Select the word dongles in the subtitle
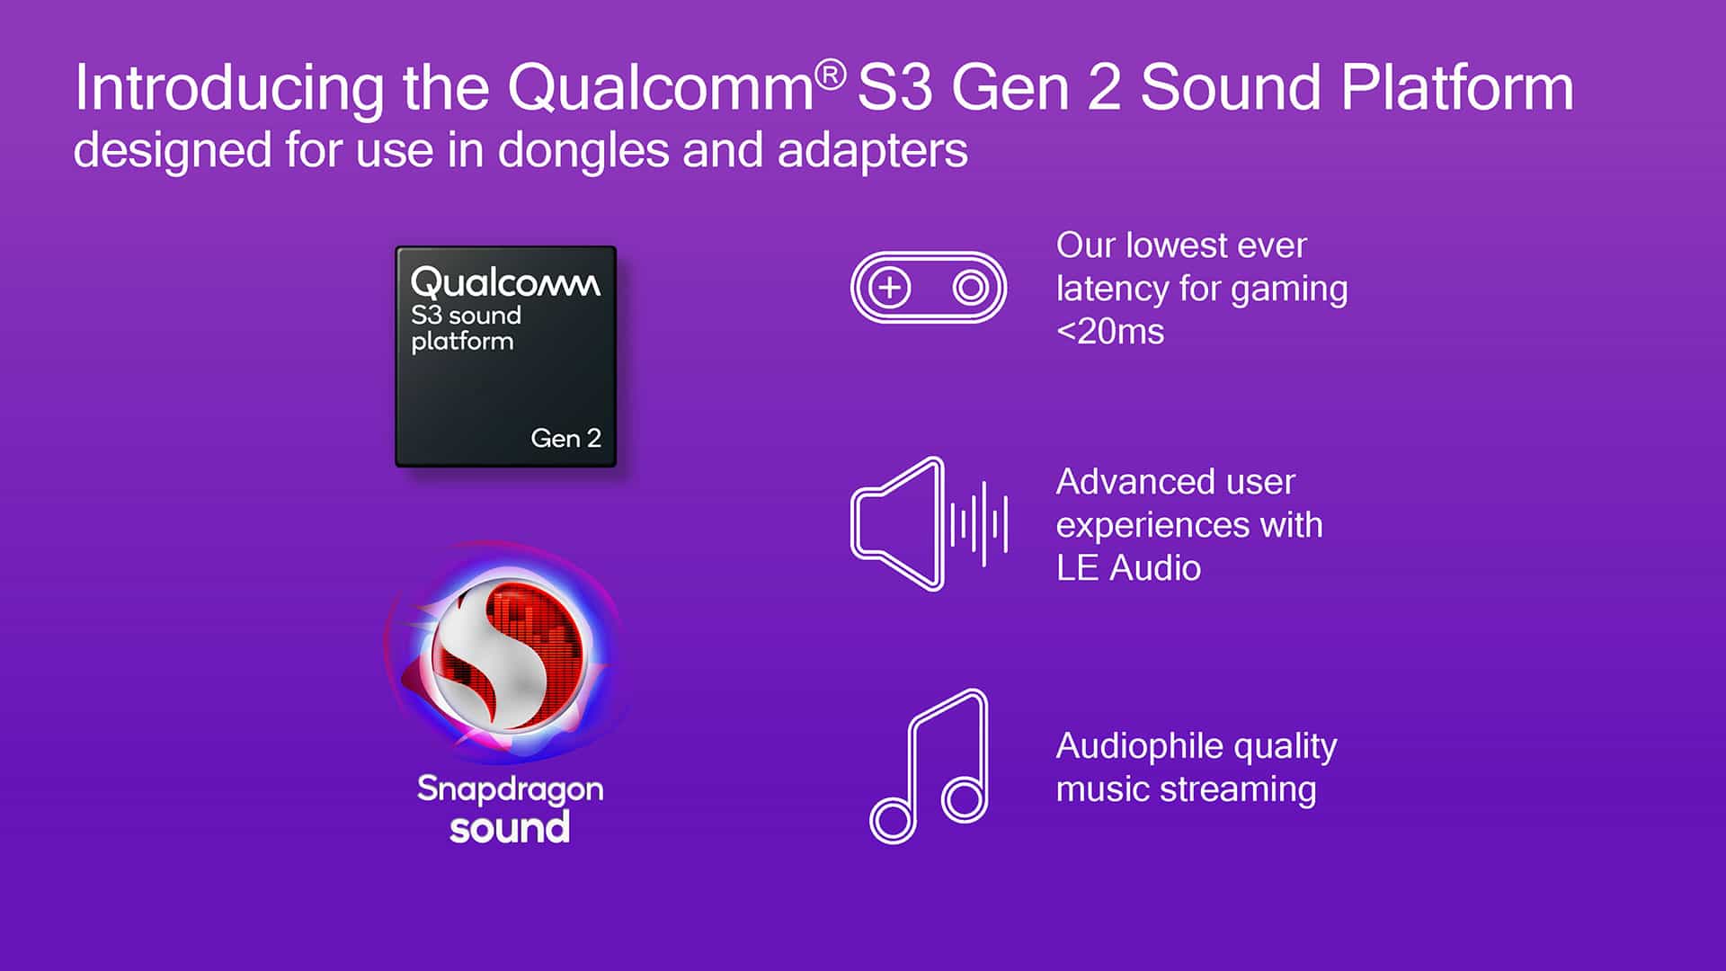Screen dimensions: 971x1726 pyautogui.click(x=583, y=150)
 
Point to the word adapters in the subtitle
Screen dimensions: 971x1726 pyautogui.click(x=872, y=151)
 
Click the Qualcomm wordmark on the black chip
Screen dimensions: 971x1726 pyautogui.click(x=505, y=282)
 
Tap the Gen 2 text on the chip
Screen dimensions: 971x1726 pyautogui.click(x=565, y=438)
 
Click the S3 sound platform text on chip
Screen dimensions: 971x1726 pyautogui.click(x=465, y=328)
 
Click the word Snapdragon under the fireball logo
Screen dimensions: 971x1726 pyautogui.click(x=510, y=789)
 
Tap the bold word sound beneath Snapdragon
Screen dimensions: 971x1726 pyautogui.click(x=510, y=828)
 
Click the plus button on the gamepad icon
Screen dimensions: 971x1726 pyautogui.click(x=890, y=288)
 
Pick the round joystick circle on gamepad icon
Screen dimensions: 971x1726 pyautogui.click(x=970, y=288)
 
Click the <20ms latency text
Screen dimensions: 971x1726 pyautogui.click(x=1110, y=332)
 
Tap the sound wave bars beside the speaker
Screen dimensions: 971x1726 pyautogui.click(x=980, y=523)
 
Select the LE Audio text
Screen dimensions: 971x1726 pyautogui.click(x=1128, y=568)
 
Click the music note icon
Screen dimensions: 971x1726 pyautogui.click(x=930, y=769)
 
